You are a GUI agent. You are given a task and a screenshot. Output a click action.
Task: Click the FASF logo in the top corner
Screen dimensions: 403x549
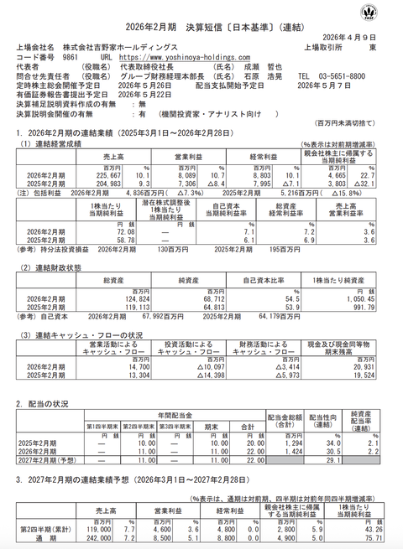point(389,12)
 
